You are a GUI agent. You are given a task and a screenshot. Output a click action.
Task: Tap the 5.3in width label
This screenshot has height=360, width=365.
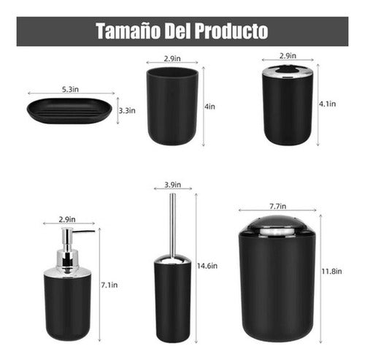point(70,88)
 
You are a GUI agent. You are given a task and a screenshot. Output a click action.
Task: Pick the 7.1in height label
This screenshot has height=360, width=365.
point(109,284)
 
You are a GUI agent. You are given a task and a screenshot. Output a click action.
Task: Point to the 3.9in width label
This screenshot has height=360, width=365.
point(172,183)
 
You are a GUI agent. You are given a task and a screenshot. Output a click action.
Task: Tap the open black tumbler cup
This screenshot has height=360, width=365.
point(172,107)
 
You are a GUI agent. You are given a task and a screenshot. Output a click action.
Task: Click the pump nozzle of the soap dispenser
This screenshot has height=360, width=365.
point(82,233)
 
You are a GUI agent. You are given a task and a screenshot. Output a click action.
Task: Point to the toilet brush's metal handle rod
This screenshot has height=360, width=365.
point(172,223)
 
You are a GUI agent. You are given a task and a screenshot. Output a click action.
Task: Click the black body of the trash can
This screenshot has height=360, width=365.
point(279,292)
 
